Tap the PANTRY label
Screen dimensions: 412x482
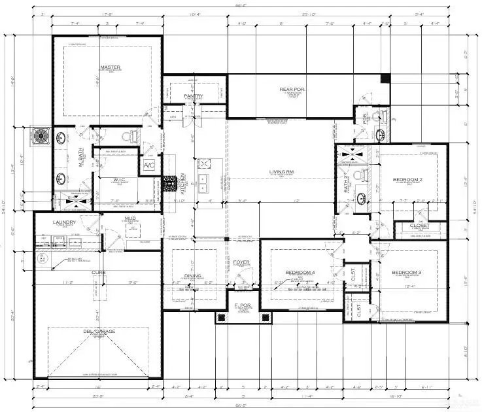(193, 97)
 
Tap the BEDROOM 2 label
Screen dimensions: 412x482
(408, 179)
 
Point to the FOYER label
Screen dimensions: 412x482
(241, 262)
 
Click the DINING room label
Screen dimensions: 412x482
(193, 276)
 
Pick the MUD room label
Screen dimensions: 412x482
(131, 219)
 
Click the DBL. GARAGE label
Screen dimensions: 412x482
(99, 332)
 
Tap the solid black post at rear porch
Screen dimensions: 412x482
(385, 78)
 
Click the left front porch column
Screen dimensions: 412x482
(220, 318)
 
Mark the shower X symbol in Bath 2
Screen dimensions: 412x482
(347, 155)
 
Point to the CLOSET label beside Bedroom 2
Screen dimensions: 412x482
(420, 226)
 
